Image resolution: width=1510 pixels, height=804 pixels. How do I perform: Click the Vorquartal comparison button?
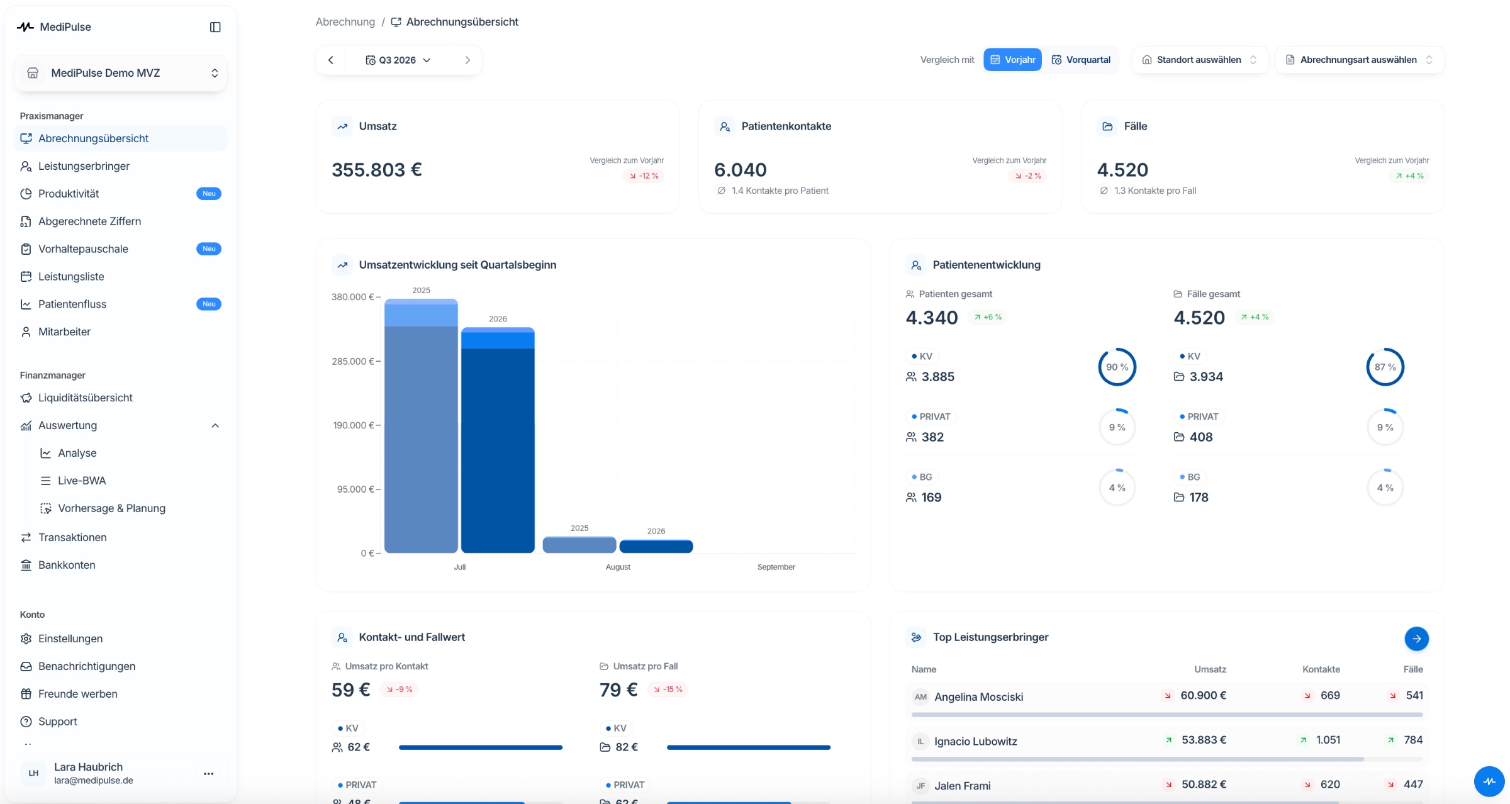(x=1081, y=60)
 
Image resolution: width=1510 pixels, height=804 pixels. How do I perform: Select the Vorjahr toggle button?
(x=1012, y=60)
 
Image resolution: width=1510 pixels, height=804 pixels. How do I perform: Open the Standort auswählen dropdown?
(x=1200, y=60)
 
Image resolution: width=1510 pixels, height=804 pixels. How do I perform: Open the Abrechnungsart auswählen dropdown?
(x=1360, y=60)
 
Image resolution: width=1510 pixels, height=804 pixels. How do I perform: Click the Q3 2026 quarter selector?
(x=398, y=60)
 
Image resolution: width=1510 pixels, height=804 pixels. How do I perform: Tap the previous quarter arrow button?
(x=331, y=60)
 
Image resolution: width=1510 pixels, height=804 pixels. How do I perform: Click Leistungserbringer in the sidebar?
(x=84, y=166)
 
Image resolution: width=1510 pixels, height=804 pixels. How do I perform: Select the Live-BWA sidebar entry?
(x=82, y=481)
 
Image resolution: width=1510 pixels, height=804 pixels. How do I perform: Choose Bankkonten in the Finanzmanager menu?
(x=67, y=565)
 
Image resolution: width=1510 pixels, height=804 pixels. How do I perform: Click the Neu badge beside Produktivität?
(x=209, y=194)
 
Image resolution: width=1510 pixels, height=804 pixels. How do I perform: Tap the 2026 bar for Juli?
(x=498, y=440)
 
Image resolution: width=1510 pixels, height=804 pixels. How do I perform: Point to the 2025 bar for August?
(x=579, y=545)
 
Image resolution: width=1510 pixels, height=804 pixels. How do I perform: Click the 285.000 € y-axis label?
(x=353, y=361)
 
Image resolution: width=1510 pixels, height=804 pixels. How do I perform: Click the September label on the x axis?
(x=776, y=567)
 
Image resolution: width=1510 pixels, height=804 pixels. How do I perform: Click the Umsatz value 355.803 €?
(x=377, y=170)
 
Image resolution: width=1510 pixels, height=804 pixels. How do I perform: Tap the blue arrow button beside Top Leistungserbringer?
(x=1416, y=639)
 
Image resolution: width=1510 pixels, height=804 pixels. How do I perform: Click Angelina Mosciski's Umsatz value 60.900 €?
(x=1203, y=695)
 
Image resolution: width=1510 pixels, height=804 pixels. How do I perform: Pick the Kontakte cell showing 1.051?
(x=1328, y=740)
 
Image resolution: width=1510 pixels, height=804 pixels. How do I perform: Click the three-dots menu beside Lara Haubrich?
(x=209, y=774)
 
